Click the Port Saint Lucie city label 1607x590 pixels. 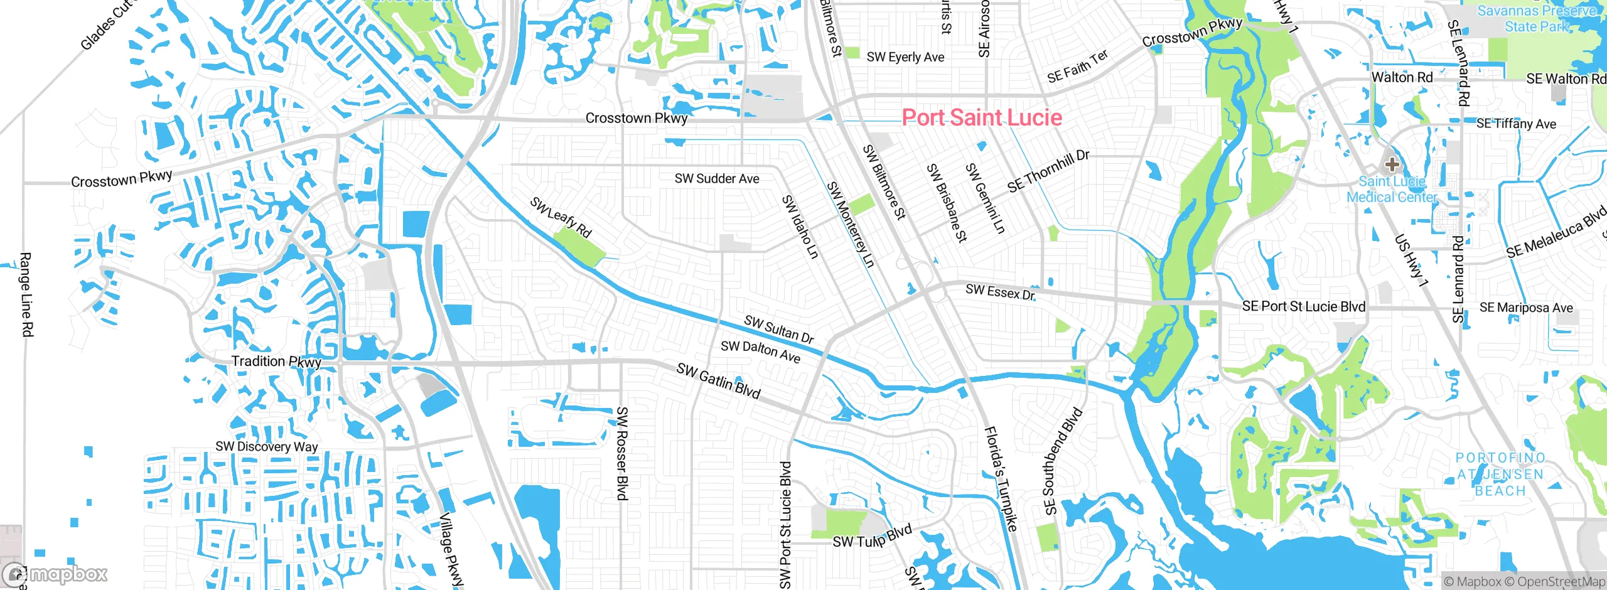982,117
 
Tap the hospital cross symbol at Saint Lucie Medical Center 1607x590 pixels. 1392,164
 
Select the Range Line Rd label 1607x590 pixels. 26,294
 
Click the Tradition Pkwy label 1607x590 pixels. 276,362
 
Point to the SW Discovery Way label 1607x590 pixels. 266,446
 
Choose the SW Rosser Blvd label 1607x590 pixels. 621,453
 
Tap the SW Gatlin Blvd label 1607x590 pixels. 718,381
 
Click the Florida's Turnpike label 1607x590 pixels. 1000,479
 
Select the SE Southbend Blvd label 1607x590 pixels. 1063,461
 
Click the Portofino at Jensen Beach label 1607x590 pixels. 1500,475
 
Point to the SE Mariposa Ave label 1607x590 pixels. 1526,308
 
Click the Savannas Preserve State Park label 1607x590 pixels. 1536,19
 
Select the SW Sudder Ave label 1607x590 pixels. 717,179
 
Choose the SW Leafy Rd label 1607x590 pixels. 561,217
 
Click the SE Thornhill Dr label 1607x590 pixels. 1048,171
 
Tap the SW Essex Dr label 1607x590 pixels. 1000,292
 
